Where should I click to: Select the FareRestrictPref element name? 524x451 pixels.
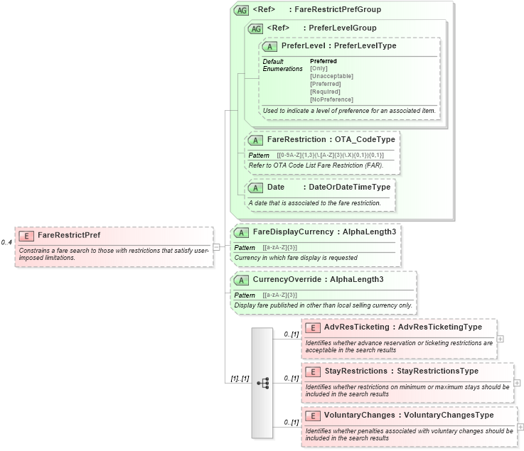(69, 235)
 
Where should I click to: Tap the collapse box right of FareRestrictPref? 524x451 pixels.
(216, 246)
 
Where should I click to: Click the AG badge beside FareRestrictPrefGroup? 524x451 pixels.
(241, 10)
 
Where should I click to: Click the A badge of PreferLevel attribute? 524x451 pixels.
(269, 46)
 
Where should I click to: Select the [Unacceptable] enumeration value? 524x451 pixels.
(331, 76)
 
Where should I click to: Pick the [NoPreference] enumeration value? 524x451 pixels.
(331, 99)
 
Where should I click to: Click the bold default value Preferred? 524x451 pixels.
(324, 61)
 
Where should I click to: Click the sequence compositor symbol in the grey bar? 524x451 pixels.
(262, 383)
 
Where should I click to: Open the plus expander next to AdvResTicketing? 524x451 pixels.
(501, 338)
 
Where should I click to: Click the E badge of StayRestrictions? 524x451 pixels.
(313, 371)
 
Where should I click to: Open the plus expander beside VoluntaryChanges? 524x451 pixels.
(520, 426)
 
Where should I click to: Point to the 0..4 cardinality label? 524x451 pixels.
(6, 242)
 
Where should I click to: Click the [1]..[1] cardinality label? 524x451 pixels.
(239, 379)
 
